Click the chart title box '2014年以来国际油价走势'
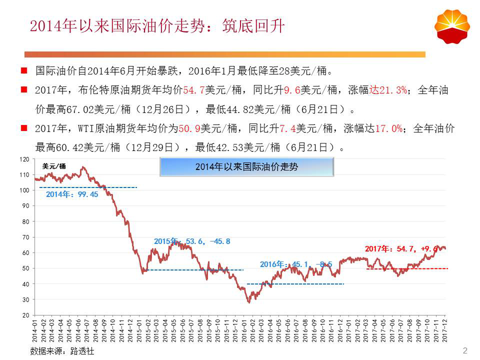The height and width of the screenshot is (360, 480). click(246, 167)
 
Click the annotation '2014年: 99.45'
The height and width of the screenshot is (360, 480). click(72, 194)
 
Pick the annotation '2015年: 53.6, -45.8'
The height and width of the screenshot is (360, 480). click(192, 241)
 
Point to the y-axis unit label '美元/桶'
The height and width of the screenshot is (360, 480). click(54, 166)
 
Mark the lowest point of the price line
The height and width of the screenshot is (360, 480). click(248, 302)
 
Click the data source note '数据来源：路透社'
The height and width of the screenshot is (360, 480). click(62, 351)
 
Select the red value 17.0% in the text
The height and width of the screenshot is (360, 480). click(388, 128)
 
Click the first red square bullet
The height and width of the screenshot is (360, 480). click(23, 70)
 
